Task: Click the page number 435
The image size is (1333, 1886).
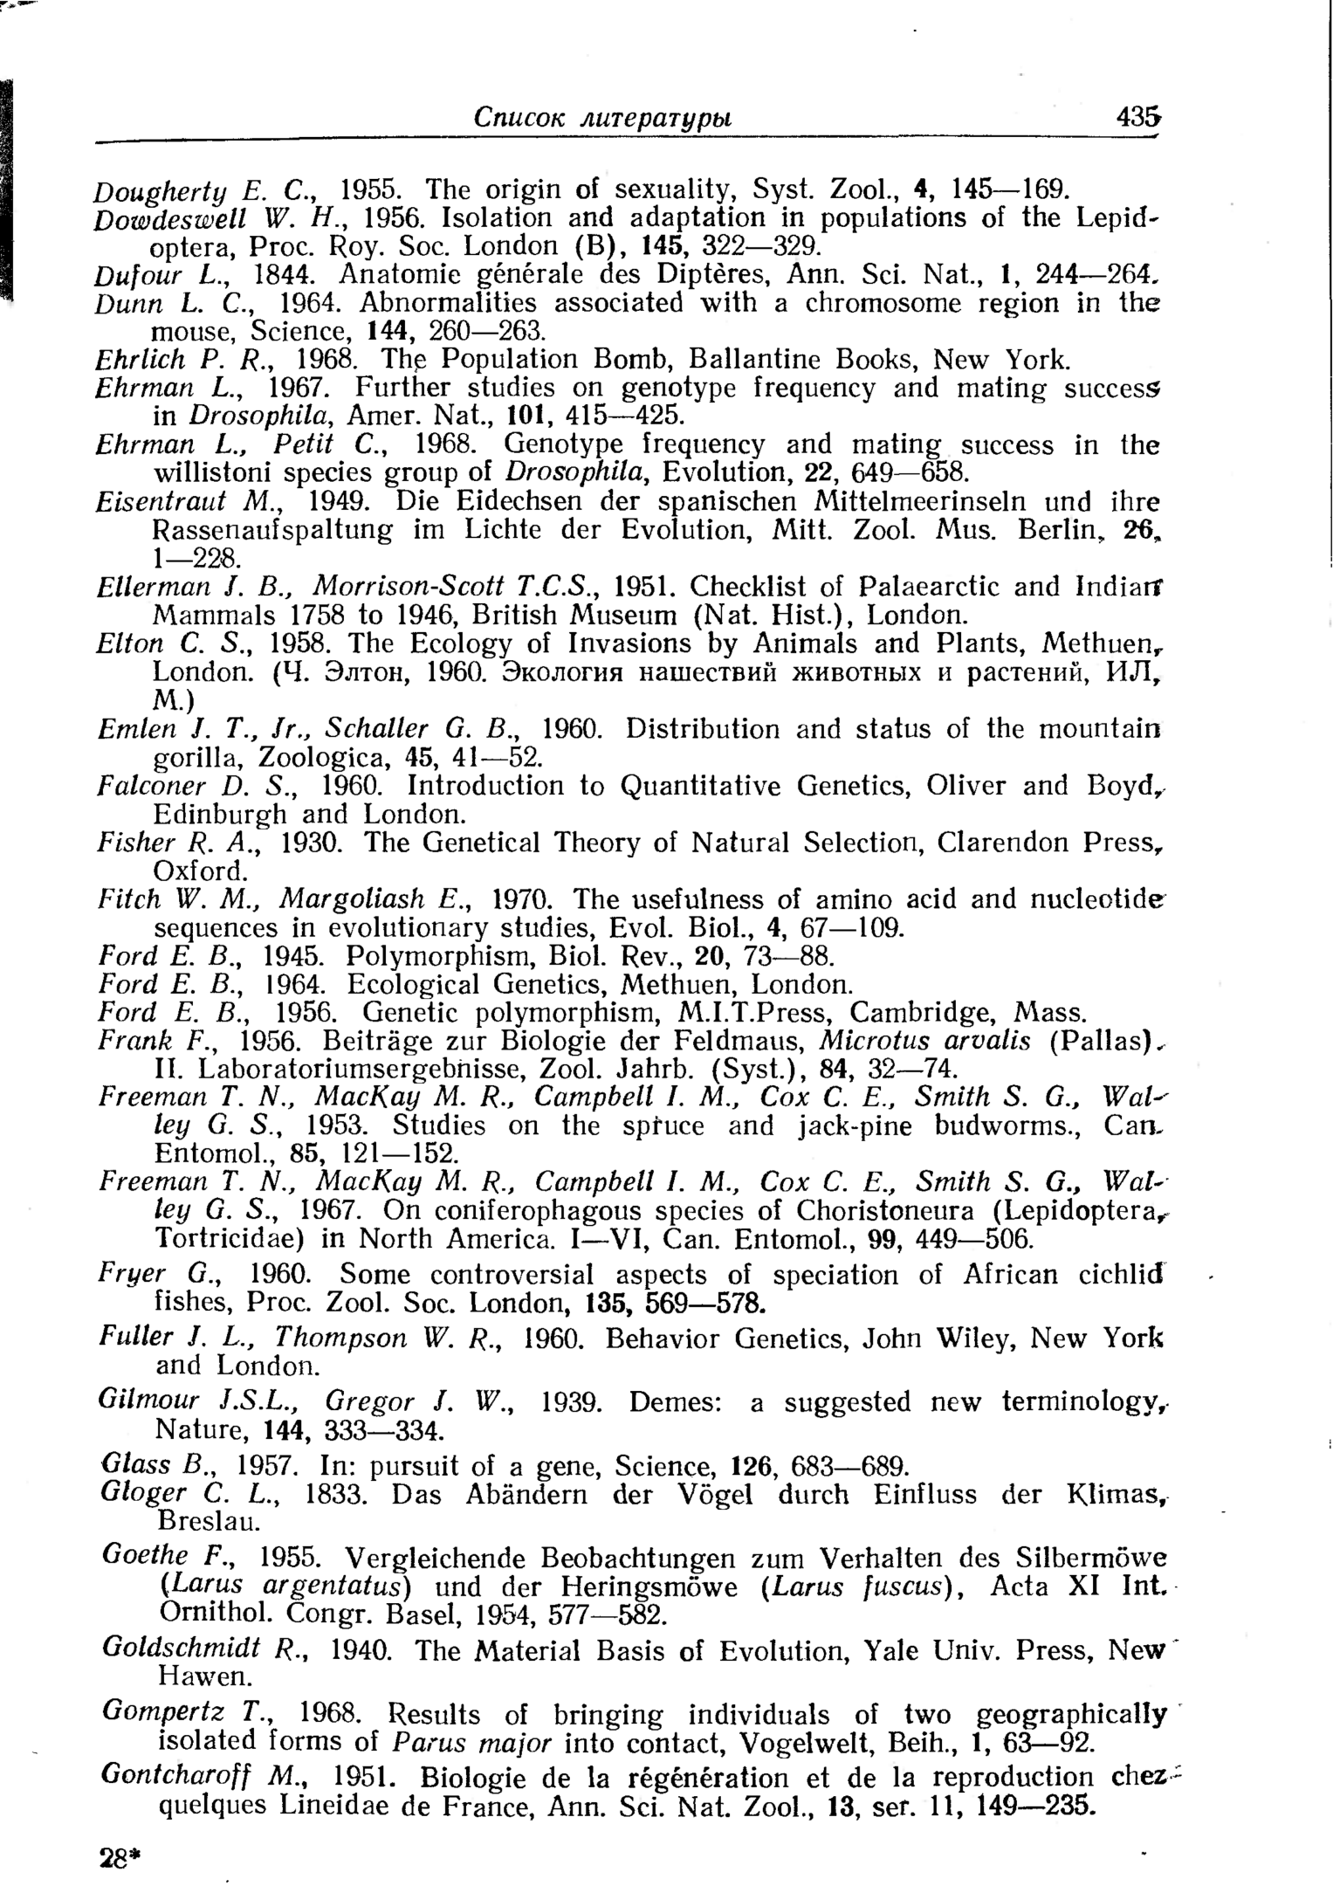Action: [x=1137, y=117]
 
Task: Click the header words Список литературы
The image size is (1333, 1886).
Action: [x=602, y=118]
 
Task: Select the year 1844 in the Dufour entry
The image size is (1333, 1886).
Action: [x=282, y=275]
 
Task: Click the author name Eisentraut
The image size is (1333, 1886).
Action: [x=161, y=502]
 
